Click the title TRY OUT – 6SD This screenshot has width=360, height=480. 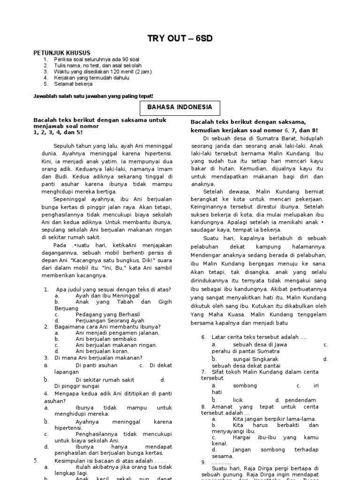pos(180,38)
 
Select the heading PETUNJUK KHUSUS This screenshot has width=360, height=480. pos(62,53)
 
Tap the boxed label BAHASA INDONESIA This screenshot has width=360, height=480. pos(180,107)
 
